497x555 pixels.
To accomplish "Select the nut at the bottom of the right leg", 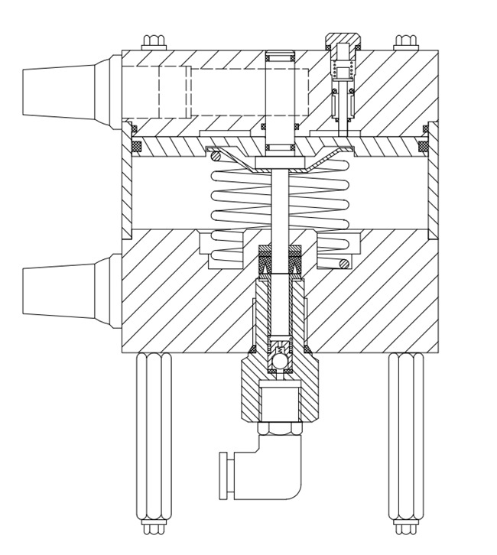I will pyautogui.click(x=405, y=527).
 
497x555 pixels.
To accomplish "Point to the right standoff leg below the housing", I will pyautogui.click(x=405, y=436).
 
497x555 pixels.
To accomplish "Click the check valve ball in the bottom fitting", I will pyautogui.click(x=280, y=359).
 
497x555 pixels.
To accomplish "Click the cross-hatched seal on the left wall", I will pyautogui.click(x=136, y=145).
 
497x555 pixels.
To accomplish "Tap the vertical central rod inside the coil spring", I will pyautogui.click(x=280, y=206).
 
